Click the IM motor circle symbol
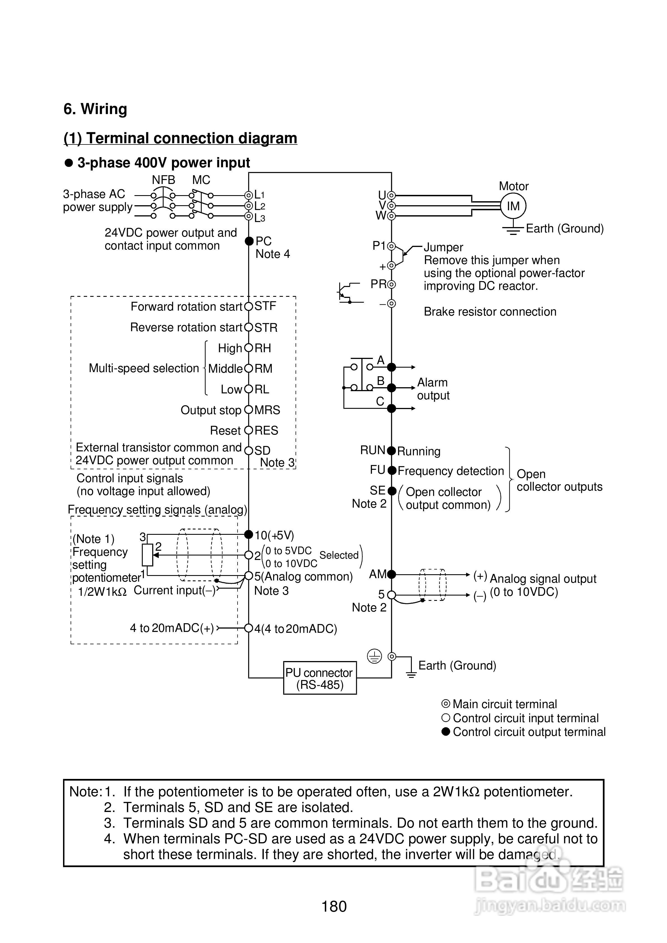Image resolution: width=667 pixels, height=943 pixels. tap(513, 206)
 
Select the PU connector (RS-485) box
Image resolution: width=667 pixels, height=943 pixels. tap(320, 678)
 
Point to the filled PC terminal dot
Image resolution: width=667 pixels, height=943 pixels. tap(249, 241)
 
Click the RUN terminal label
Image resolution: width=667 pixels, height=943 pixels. tap(372, 450)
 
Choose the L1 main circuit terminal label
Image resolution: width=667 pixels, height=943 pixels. tap(259, 195)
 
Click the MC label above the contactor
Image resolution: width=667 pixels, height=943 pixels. tap(201, 180)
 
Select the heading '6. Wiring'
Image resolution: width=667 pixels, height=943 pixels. tap(95, 109)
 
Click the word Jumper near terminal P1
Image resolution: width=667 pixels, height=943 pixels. tap(443, 247)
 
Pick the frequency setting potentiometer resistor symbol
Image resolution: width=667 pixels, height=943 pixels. tap(147, 555)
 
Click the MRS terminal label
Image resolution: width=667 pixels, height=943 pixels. tap(267, 410)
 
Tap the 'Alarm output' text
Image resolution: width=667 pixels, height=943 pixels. tap(433, 389)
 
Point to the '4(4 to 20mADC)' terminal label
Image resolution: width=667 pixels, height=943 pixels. tap(296, 629)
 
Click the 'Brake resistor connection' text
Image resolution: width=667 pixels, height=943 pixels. tap(490, 312)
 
